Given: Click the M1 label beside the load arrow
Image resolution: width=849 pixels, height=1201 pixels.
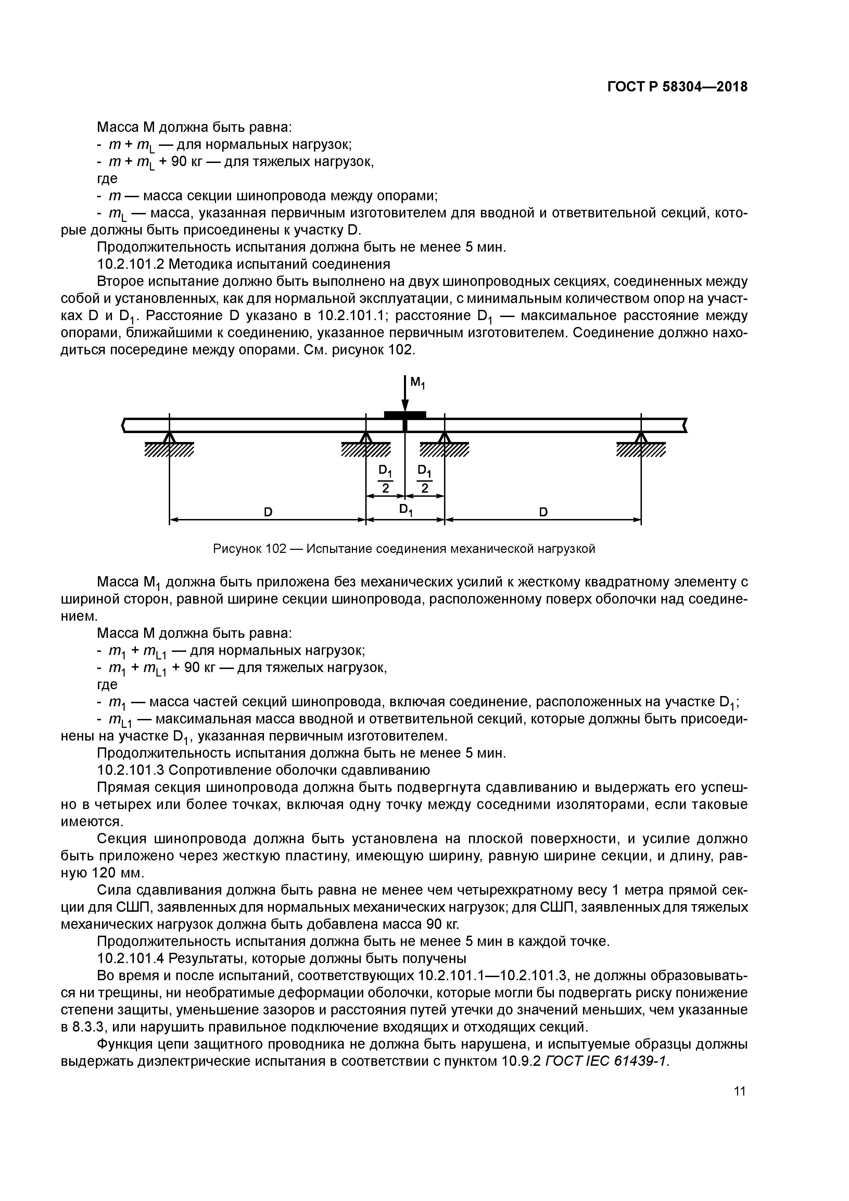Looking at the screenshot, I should tap(417, 384).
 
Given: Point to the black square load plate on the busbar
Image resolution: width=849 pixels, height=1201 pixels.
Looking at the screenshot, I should tap(405, 415).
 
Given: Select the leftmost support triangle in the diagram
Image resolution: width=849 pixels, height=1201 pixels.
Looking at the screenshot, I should tap(169, 437).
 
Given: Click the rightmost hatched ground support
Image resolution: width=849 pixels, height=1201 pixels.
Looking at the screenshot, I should tap(641, 449).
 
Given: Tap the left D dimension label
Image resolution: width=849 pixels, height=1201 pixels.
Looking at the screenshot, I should tap(268, 512).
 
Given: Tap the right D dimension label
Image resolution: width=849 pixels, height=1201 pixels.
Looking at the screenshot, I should tap(543, 512).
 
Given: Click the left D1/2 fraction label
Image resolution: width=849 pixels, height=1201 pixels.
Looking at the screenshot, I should tap(385, 479).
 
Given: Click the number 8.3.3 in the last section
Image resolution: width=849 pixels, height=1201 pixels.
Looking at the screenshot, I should tap(78, 1026).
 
